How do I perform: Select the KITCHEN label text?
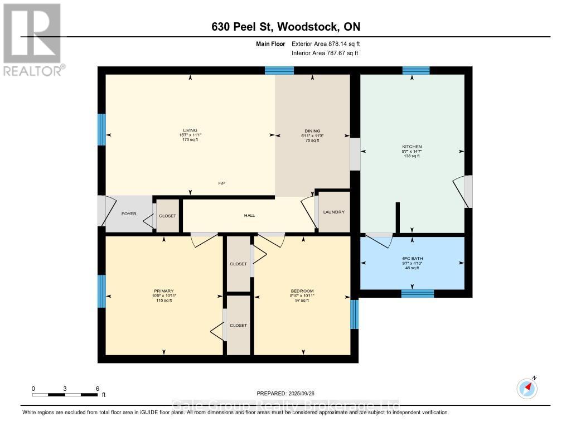pyautogui.click(x=412, y=147)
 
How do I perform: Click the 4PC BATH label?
pyautogui.click(x=412, y=258)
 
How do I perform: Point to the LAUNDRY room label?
pyautogui.click(x=333, y=212)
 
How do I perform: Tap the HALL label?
pyautogui.click(x=249, y=215)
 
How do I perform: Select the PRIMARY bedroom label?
pyautogui.click(x=164, y=291)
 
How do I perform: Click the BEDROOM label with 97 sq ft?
pyautogui.click(x=302, y=291)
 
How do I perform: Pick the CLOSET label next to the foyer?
pyautogui.click(x=167, y=216)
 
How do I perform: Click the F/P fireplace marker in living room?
pyautogui.click(x=222, y=183)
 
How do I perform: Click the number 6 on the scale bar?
pyautogui.click(x=97, y=388)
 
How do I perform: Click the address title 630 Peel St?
pyautogui.click(x=285, y=27)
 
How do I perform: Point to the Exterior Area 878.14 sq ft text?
pyautogui.click(x=330, y=43)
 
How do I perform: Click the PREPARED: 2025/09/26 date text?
pyautogui.click(x=285, y=394)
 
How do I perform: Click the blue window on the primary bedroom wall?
pyautogui.click(x=101, y=291)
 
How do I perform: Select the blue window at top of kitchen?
pyautogui.click(x=416, y=70)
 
